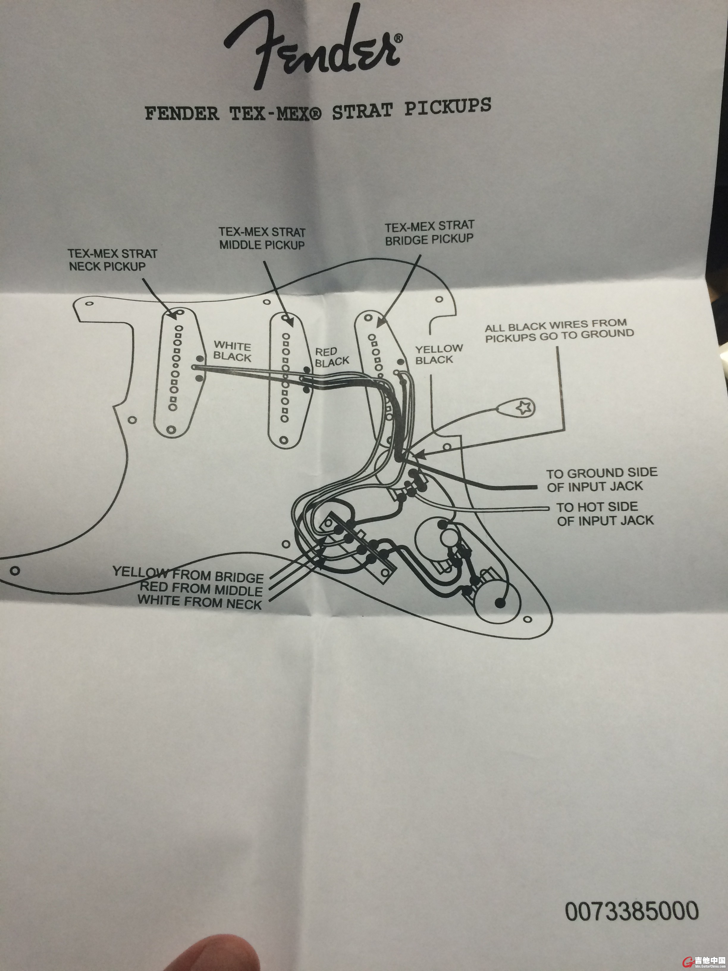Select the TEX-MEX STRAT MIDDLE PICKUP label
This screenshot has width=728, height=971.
262,238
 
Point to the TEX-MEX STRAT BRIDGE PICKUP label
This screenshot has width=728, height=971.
429,233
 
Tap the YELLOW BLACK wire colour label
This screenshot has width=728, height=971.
439,354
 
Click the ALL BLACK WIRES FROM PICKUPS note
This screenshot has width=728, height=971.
558,331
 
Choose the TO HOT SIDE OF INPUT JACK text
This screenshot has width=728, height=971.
605,513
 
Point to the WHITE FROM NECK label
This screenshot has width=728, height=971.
200,602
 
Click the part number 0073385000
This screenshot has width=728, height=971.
631,911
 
